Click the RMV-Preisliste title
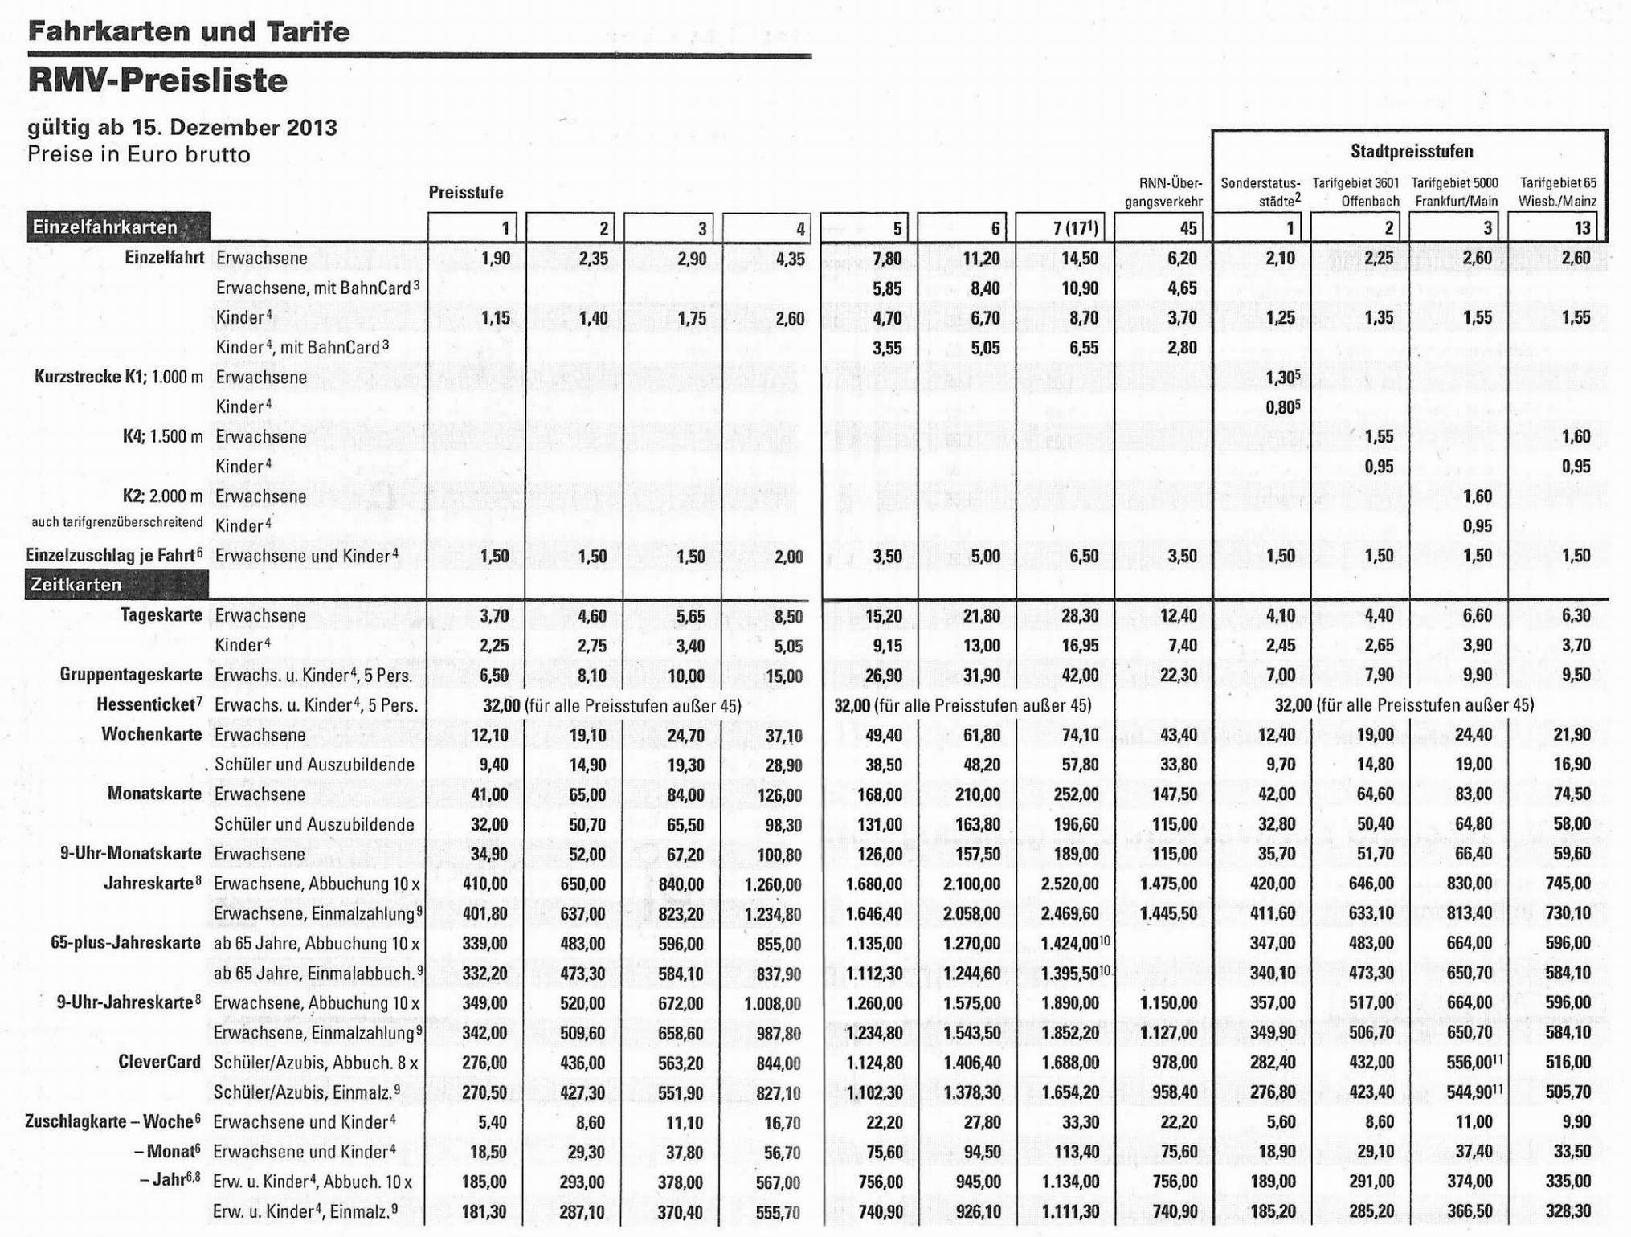click(x=157, y=81)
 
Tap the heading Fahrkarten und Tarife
click(x=189, y=32)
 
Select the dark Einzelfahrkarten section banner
click(x=117, y=227)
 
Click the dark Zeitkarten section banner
click(x=117, y=585)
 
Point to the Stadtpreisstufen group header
click(x=1412, y=151)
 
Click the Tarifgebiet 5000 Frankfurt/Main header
click(x=1455, y=192)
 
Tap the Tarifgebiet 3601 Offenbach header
click(x=1356, y=192)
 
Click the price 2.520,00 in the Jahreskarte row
click(x=1070, y=884)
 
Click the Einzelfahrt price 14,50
click(x=1080, y=258)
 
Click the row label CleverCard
click(x=159, y=1062)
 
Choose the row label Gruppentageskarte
click(x=131, y=675)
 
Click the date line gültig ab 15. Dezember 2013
click(x=182, y=128)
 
